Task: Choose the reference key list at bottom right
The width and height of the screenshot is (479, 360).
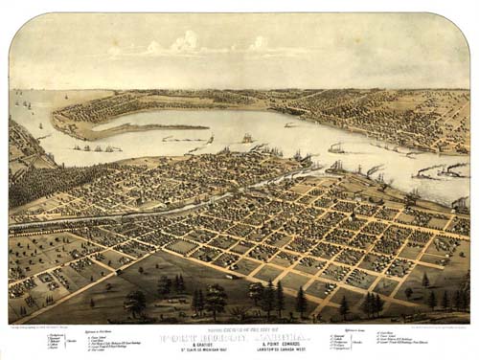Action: click(383, 340)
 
